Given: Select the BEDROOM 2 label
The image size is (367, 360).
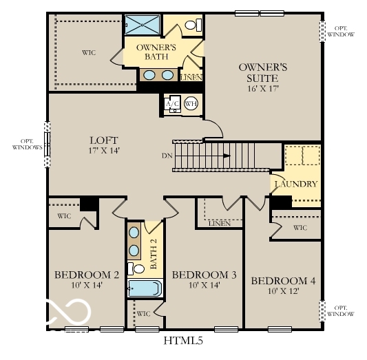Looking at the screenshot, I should (87, 275).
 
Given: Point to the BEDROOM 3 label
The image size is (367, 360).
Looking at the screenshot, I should (204, 275).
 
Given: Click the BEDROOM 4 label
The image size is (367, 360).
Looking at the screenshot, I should (283, 281).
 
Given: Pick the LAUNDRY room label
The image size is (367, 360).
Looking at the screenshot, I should (295, 184).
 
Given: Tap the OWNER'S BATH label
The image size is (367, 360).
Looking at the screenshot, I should (156, 52).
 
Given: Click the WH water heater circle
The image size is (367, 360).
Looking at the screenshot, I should (191, 103).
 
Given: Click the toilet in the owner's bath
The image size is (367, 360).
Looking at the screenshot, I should (194, 25).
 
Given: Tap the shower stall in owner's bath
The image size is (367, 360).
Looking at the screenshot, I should (143, 24).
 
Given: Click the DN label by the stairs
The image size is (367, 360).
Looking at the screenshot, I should (167, 156).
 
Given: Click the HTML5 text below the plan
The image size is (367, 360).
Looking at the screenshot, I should (182, 340).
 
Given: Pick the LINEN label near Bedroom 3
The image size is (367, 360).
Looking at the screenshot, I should (218, 223).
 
